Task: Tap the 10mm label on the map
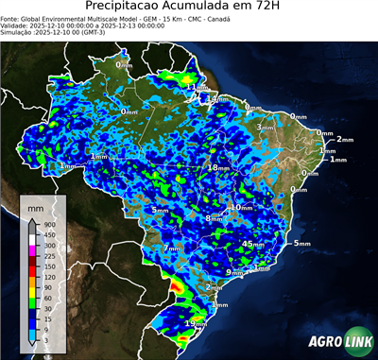tap(242, 207)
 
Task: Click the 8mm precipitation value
tap(214, 218)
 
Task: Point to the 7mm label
tap(171, 249)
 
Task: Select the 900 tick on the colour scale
tap(48, 223)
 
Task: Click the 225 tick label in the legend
tap(48, 256)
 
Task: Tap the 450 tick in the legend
tap(48, 234)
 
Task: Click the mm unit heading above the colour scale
tap(35, 205)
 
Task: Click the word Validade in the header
tap(17, 25)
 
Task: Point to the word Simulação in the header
tap(18, 32)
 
